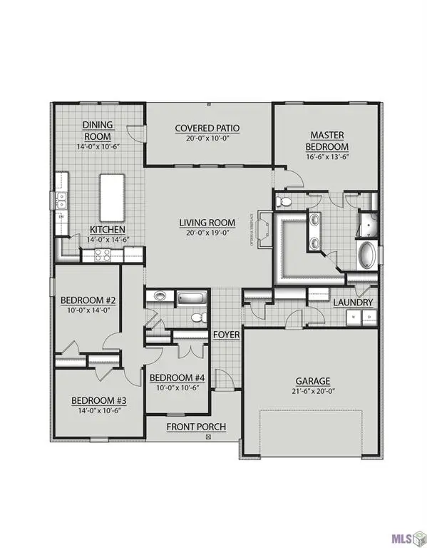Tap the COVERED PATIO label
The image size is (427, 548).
[207, 128]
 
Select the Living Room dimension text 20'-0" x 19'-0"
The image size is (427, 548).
[207, 233]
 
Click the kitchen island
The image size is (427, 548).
[111, 196]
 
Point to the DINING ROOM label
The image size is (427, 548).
[98, 130]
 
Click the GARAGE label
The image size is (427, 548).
[313, 380]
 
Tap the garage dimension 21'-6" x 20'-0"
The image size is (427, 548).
[313, 392]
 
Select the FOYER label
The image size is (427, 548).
[226, 334]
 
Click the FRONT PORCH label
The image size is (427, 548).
[196, 427]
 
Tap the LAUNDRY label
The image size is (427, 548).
[354, 303]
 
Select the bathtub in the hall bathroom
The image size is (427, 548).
[191, 296]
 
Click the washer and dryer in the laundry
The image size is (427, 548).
[356, 319]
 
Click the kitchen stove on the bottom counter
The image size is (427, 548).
[103, 254]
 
